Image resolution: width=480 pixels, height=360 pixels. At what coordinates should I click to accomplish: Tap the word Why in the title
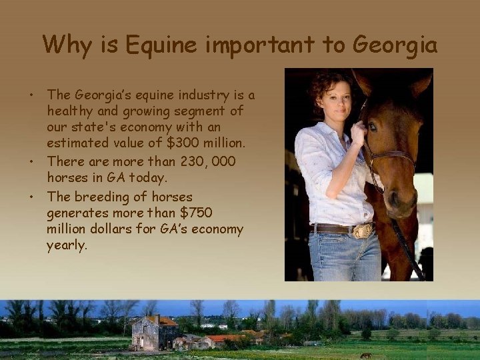click(x=65, y=45)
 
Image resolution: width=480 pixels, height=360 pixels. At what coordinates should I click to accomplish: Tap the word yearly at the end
click(x=67, y=245)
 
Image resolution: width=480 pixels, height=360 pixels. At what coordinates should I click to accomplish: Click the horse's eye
click(x=373, y=126)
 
